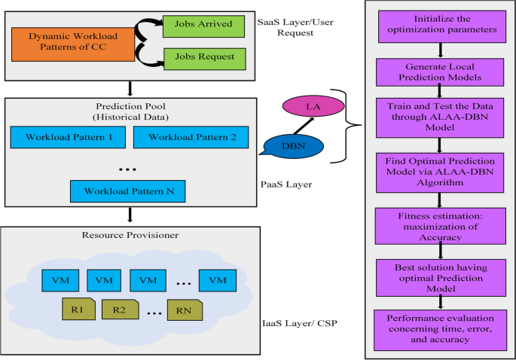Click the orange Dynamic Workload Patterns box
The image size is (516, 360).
(73, 44)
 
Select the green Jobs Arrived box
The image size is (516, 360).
(203, 26)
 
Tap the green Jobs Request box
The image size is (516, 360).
(205, 59)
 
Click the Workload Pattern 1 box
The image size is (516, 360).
(68, 137)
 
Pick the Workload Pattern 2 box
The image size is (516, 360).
(191, 137)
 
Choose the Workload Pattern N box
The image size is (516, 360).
(128, 191)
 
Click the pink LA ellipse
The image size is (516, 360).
(313, 106)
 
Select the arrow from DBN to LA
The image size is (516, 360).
(304, 126)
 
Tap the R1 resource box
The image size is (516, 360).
(78, 309)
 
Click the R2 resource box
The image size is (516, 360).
(120, 310)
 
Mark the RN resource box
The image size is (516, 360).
(185, 310)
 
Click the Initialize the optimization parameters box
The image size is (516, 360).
(442, 26)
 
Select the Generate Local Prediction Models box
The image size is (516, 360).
(440, 72)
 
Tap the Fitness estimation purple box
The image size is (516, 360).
(441, 226)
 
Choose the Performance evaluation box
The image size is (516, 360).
(441, 330)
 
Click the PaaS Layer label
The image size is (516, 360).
(286, 185)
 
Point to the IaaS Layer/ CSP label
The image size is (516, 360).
(300, 324)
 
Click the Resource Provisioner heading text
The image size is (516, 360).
(130, 235)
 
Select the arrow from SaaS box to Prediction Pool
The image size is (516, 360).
(130, 89)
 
